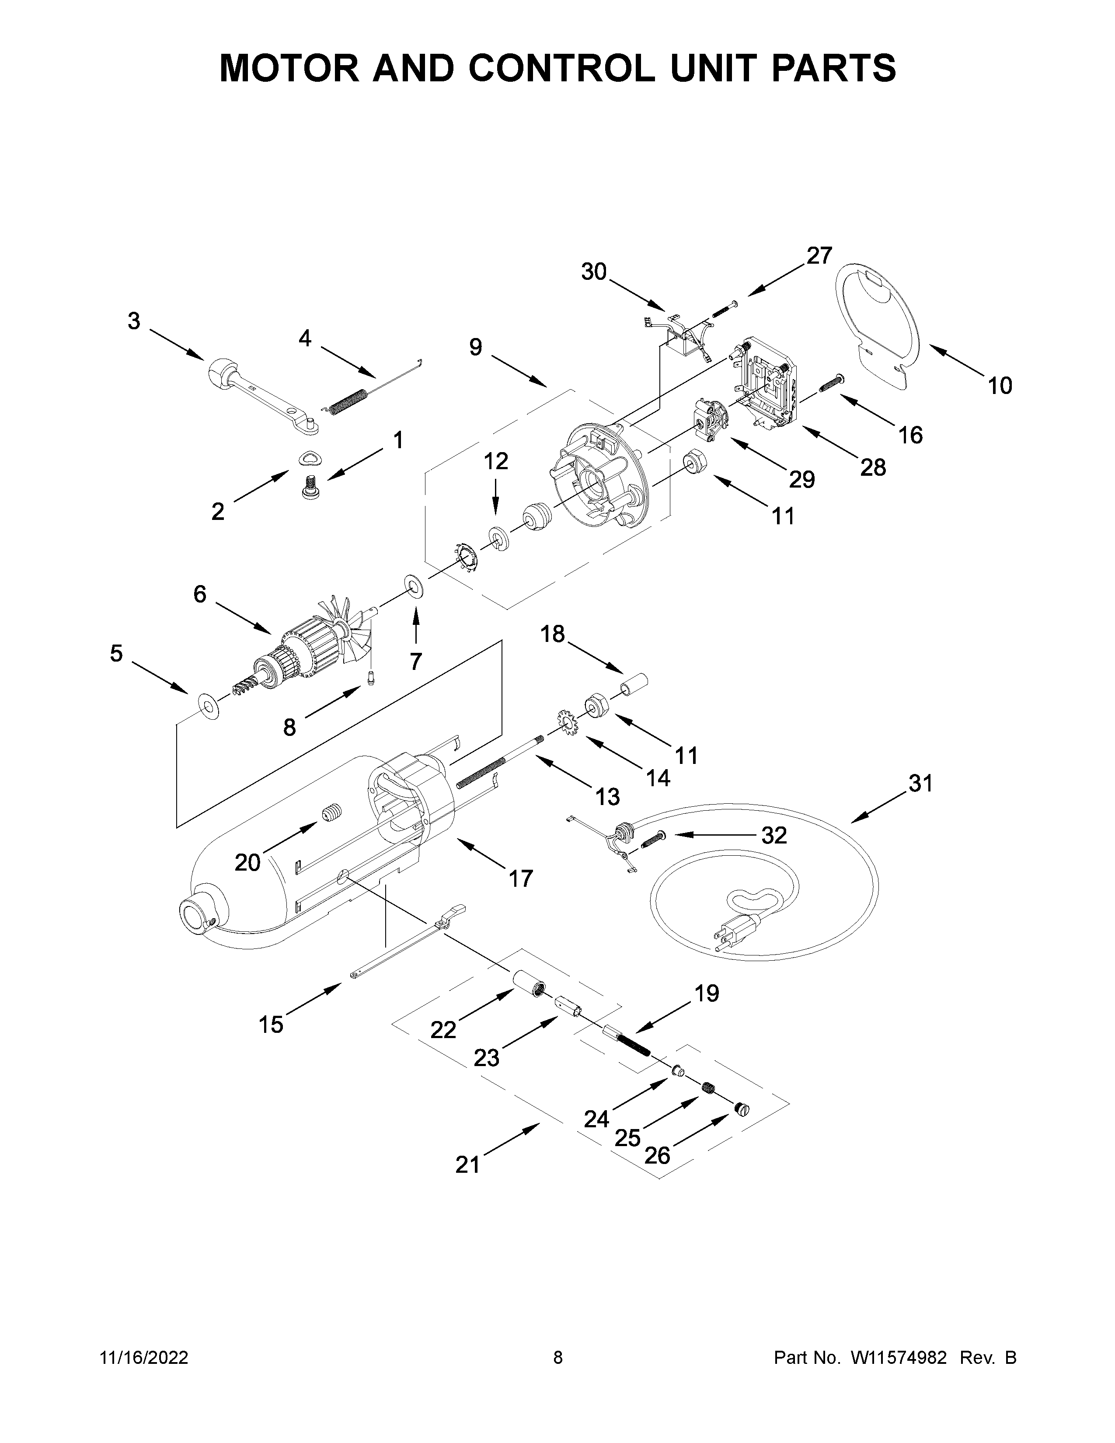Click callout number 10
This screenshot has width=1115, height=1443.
tap(1000, 385)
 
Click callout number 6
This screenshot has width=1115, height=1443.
tap(199, 594)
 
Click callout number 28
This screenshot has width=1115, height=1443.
tap(873, 467)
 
